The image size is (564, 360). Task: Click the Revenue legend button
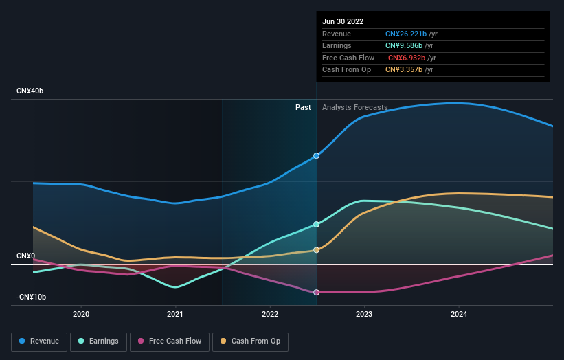pos(39,341)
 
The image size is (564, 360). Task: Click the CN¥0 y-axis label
pos(26,256)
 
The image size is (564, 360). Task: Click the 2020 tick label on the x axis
pos(81,314)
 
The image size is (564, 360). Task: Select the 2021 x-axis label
pos(175,314)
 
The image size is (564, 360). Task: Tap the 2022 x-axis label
pos(270,314)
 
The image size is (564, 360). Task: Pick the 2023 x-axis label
pos(364,314)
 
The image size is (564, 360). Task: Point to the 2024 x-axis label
pos(459,314)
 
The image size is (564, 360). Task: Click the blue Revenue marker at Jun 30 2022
pos(317,156)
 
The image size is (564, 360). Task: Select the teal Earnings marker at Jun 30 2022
pos(317,225)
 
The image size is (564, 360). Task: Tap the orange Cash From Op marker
pos(317,250)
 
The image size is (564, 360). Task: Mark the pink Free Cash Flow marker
pos(317,293)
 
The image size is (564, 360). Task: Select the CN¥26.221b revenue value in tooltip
pos(405,34)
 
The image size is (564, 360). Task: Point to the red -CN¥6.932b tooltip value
pos(405,58)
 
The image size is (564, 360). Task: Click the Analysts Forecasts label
pos(354,107)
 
